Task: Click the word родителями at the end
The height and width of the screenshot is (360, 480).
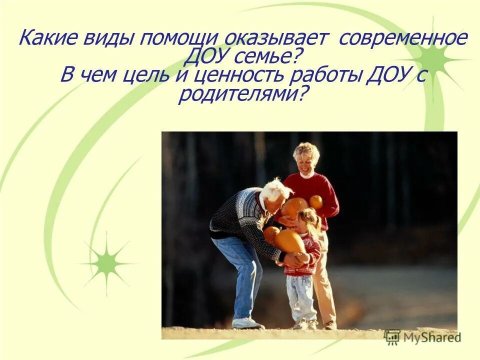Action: click(240, 93)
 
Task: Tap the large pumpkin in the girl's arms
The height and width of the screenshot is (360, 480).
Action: click(289, 241)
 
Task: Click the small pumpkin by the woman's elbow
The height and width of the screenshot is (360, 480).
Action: click(316, 201)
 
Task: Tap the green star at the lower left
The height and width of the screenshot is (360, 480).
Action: click(106, 262)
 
